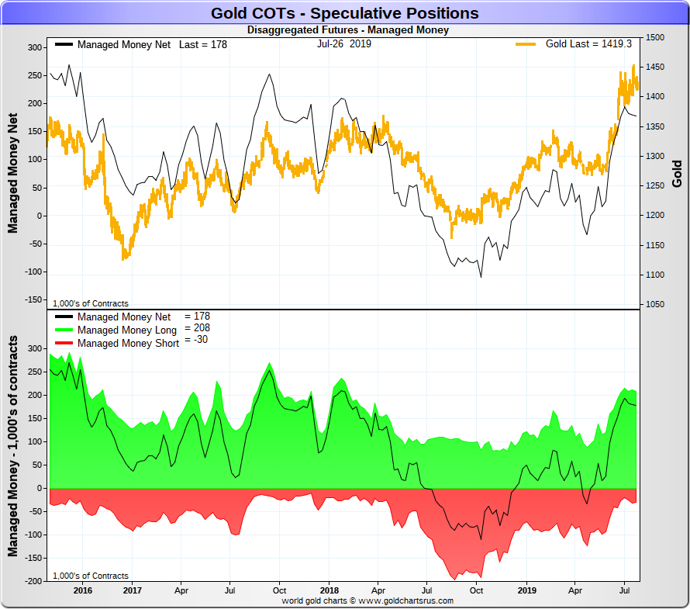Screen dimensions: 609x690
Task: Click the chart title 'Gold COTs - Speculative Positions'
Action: coord(344,13)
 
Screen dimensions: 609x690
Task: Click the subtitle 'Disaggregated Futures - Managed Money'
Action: coord(347,30)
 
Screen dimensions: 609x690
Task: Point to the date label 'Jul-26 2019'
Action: coord(343,43)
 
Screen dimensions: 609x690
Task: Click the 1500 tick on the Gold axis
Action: coord(654,37)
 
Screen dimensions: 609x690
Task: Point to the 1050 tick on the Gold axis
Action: coord(654,304)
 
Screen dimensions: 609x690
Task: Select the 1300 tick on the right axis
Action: coord(654,156)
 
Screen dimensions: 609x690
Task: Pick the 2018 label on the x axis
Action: coord(329,590)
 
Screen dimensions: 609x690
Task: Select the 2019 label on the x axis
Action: coord(526,590)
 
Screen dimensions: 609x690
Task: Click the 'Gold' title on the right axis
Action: coord(677,174)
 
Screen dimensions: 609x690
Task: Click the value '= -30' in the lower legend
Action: coord(195,340)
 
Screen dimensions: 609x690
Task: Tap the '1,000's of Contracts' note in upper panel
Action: coord(91,303)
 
